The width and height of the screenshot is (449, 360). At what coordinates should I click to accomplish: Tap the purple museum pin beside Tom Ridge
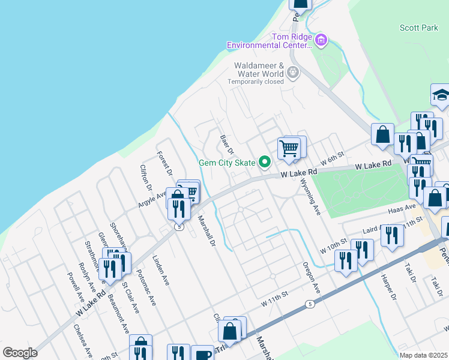click(321, 40)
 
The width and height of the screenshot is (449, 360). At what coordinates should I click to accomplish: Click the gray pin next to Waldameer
click(293, 73)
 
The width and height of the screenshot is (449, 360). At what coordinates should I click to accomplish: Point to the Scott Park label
click(418, 28)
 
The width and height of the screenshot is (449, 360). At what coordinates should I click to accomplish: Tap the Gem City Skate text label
click(228, 163)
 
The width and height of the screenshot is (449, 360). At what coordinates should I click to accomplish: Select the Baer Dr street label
click(226, 145)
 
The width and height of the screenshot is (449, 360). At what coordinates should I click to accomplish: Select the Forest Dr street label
click(164, 163)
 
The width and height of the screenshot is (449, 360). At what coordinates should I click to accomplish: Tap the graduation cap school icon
click(440, 96)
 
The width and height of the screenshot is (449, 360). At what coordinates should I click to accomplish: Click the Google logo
click(20, 353)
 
